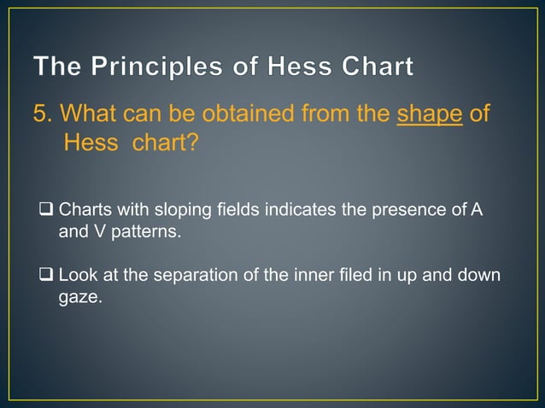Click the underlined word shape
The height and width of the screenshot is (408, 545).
pyautogui.click(x=431, y=114)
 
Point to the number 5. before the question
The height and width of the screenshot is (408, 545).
pyautogui.click(x=44, y=114)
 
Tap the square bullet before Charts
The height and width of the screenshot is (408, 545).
pyautogui.click(x=47, y=209)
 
